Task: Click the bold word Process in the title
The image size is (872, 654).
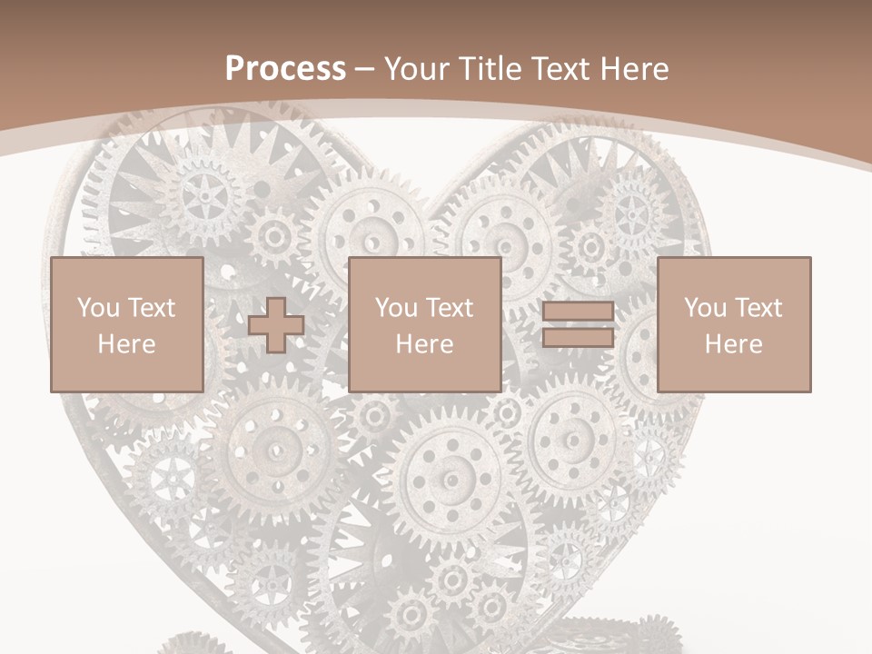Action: point(285,69)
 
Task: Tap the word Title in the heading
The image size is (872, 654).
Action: point(490,69)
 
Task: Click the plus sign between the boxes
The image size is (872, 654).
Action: point(276,325)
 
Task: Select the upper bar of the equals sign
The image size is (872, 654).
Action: point(578,312)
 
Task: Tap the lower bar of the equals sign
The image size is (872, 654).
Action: point(578,337)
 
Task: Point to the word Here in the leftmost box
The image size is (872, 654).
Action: point(126,344)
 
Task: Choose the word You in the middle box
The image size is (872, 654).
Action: point(397,308)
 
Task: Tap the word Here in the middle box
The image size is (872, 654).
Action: point(424,344)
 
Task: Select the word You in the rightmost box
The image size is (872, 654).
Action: point(706,308)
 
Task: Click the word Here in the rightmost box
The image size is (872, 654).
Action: point(733,344)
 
